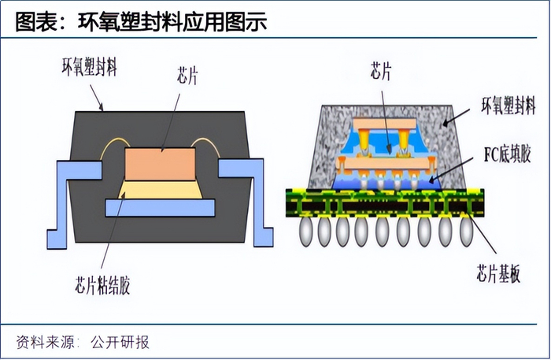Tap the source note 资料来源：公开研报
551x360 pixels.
click(x=83, y=342)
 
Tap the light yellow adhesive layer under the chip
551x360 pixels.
click(x=160, y=190)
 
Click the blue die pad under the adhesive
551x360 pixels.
click(x=160, y=208)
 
